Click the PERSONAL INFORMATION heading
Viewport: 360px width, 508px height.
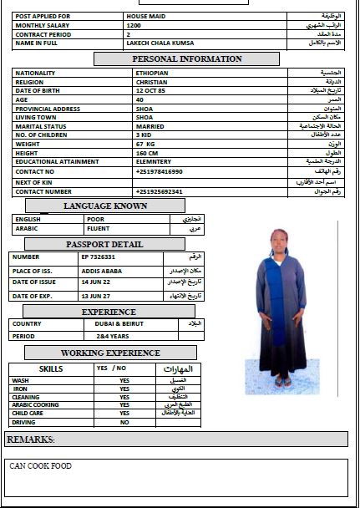pyautogui.click(x=187, y=59)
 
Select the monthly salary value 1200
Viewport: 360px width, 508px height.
pyautogui.click(x=134, y=26)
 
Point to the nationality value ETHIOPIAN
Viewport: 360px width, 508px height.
pyautogui.click(x=152, y=73)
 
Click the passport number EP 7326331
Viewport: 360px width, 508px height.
pyautogui.click(x=99, y=257)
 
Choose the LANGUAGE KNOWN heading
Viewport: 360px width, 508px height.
pyautogui.click(x=105, y=205)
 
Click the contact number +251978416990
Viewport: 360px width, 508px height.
pyautogui.click(x=159, y=171)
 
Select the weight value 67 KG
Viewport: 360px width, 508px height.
pyautogui.click(x=145, y=144)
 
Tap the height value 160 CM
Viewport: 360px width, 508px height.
pyautogui.click(x=147, y=153)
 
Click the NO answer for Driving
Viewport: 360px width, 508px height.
pyautogui.click(x=124, y=423)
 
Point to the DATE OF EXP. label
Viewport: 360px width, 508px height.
pyautogui.click(x=33, y=296)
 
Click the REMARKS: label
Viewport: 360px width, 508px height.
pyautogui.click(x=31, y=439)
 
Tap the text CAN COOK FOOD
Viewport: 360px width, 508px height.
pyautogui.click(x=41, y=466)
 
